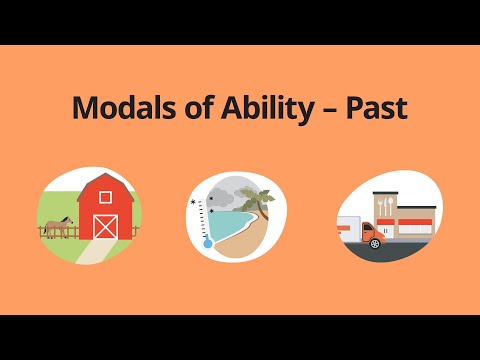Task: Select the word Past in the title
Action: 379,109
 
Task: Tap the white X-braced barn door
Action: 105,225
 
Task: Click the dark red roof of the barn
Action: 105,180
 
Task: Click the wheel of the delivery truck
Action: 373,243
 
